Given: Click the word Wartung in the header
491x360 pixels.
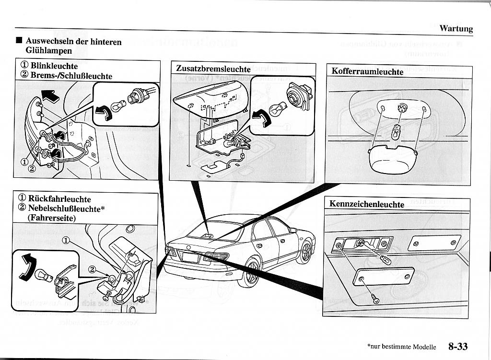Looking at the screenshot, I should tap(456, 29).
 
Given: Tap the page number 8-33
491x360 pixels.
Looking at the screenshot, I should tap(458, 346).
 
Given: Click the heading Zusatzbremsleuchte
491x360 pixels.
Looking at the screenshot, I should tap(213, 69).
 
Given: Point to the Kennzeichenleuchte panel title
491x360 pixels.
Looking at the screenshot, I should tap(367, 204).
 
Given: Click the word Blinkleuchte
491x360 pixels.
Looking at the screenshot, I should tap(54, 66).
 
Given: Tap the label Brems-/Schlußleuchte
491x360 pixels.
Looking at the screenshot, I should tap(71, 76).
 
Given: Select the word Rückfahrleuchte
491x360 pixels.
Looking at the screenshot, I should tap(59, 198).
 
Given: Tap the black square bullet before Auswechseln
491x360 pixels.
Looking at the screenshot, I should tap(18, 41).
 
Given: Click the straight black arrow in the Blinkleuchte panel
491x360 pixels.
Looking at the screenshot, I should tap(49, 96).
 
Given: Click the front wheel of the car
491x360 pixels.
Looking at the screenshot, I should tap(304, 253).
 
